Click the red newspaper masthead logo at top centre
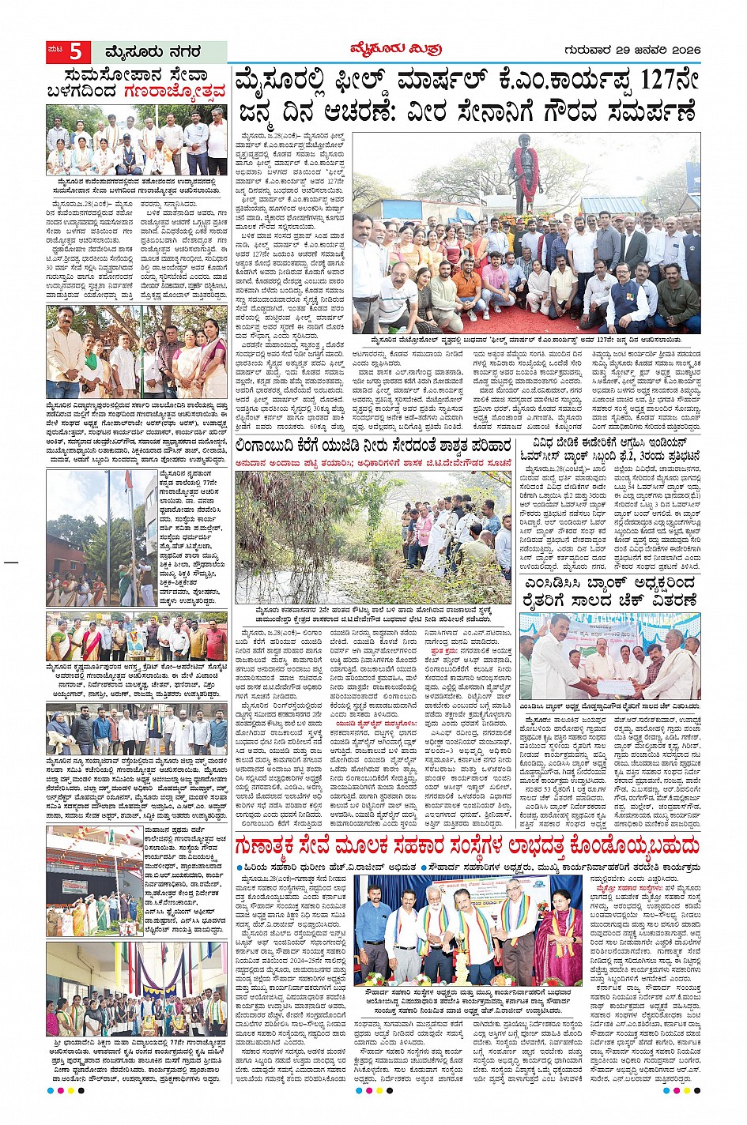[395, 50]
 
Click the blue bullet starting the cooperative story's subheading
[241, 867]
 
